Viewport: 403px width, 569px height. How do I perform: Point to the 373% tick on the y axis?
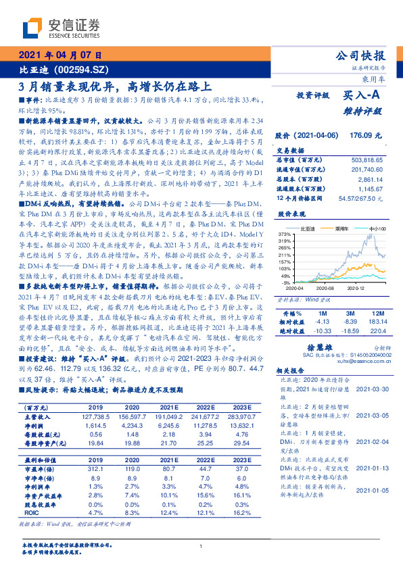pos(285,234)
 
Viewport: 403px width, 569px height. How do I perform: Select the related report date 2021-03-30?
pos(372,390)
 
